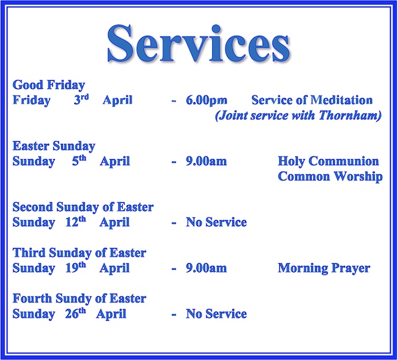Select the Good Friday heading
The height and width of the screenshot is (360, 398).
coord(48,85)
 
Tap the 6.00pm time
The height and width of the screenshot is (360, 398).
coord(206,101)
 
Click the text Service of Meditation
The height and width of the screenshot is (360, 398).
coord(312,101)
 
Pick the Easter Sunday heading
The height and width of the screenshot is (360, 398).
coord(54,146)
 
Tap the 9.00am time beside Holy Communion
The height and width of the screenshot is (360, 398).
coord(206,162)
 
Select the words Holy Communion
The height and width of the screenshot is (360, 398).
coord(328,162)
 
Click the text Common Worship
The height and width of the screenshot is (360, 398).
coord(330,177)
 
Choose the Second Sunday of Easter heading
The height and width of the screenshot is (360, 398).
coord(83,208)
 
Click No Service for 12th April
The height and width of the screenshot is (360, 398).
coord(216,223)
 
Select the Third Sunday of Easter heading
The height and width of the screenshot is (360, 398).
coord(79,253)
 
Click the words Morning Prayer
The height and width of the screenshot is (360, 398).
coord(324,269)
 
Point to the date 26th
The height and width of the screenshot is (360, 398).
coord(76,313)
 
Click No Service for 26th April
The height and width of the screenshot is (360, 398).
coord(216,314)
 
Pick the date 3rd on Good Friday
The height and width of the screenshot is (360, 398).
coord(82,99)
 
